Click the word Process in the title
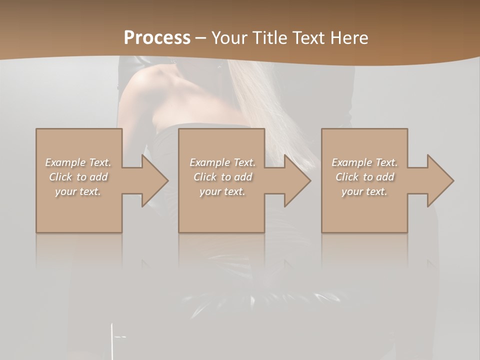(157, 38)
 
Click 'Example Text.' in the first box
(78, 162)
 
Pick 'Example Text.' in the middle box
(222, 162)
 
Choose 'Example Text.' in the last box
(364, 162)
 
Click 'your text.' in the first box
(78, 191)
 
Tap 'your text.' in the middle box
(222, 191)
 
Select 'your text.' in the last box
(364, 191)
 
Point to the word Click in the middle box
(205, 177)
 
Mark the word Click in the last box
(347, 177)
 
